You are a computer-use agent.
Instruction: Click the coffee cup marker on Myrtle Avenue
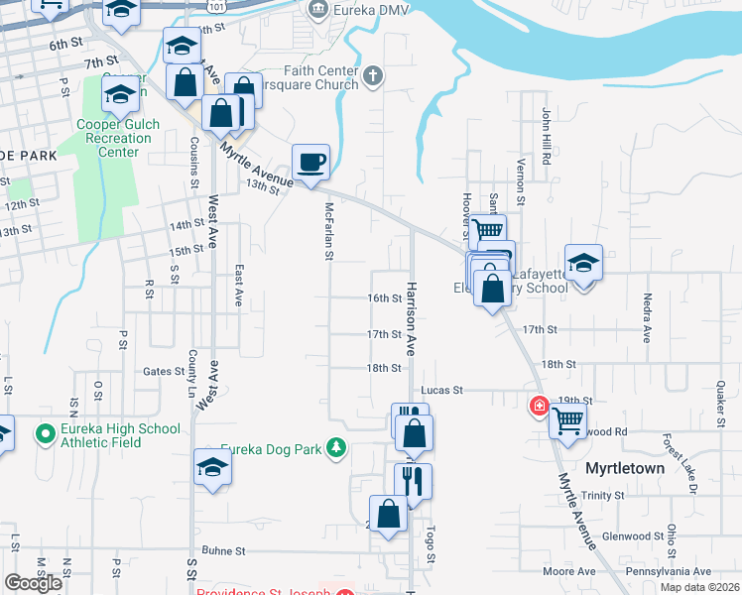pyautogui.click(x=310, y=162)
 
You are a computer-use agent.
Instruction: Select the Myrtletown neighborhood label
pyautogui.click(x=624, y=466)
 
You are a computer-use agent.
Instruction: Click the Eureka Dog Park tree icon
pyautogui.click(x=337, y=448)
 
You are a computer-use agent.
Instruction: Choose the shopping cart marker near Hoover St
pyautogui.click(x=487, y=231)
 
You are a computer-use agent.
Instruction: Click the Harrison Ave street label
pyautogui.click(x=408, y=317)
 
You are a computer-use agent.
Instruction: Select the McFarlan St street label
pyautogui.click(x=328, y=232)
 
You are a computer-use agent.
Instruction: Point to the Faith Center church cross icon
pyautogui.click(x=373, y=76)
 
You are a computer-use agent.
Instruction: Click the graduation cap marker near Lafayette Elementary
pyautogui.click(x=584, y=263)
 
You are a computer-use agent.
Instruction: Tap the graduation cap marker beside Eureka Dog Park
pyautogui.click(x=212, y=466)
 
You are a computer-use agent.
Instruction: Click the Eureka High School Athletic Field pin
pyautogui.click(x=45, y=434)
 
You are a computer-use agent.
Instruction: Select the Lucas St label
pyautogui.click(x=442, y=390)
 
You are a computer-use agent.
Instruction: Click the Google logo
pyautogui.click(x=33, y=582)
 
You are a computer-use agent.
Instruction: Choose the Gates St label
pyautogui.click(x=165, y=372)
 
